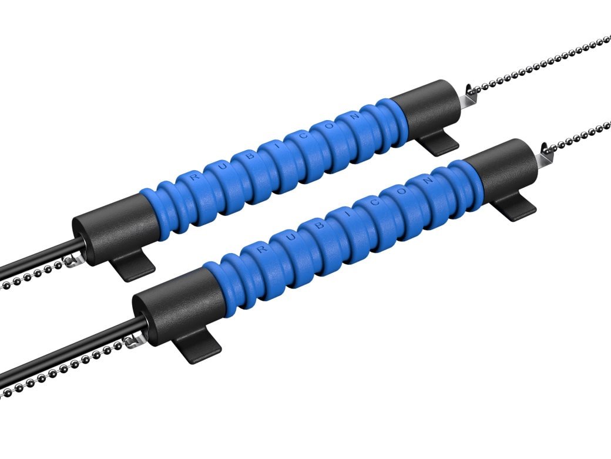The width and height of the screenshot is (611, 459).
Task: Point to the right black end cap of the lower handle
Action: pos(502,168)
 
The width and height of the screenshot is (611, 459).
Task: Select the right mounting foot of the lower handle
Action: pos(515,207)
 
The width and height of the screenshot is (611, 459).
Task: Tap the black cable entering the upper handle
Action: pos(35,265)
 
